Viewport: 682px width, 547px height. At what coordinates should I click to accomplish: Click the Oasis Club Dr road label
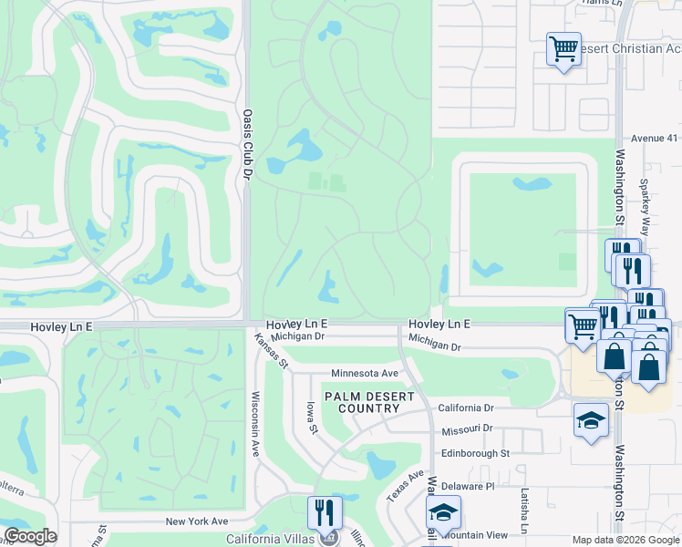247,144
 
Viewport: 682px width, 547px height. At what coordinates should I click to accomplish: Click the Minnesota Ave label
365,374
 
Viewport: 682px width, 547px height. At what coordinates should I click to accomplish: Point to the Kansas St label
270,351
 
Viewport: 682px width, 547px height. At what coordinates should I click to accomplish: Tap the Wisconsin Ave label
256,424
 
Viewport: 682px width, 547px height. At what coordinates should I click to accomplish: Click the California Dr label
465,408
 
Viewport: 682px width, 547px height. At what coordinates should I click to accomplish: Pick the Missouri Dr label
467,429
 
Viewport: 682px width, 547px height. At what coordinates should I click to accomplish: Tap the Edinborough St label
474,453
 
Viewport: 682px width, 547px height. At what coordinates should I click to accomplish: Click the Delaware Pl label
464,486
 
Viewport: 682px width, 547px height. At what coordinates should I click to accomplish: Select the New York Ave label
196,521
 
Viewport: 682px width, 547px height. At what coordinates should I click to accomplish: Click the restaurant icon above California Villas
325,512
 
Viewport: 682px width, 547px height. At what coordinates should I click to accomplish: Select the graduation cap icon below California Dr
591,420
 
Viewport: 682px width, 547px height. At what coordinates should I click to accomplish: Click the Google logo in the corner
30,536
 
